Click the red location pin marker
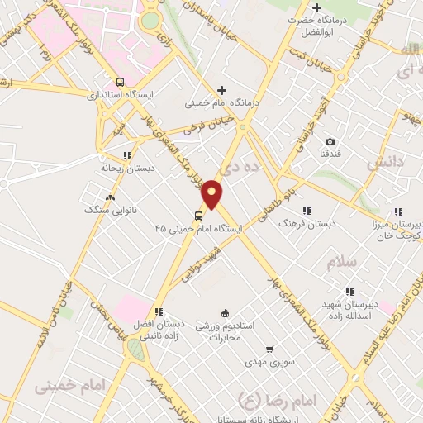tap(212, 194)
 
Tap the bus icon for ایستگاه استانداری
tap(120, 82)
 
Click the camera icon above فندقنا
tap(330, 142)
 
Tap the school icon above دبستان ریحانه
tap(127, 154)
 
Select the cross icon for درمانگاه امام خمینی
tap(221, 90)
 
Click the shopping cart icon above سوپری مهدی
tap(269, 349)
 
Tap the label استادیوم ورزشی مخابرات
tap(224, 331)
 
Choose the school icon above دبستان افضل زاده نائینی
tap(158, 311)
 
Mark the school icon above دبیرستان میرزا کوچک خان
tap(399, 211)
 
